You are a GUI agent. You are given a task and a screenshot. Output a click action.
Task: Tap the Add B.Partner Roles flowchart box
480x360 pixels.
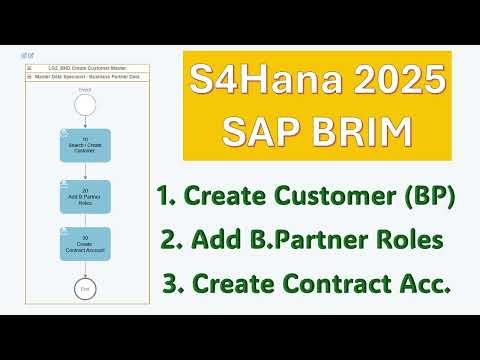click(x=85, y=196)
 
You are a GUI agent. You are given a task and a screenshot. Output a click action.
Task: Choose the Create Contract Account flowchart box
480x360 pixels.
click(x=85, y=243)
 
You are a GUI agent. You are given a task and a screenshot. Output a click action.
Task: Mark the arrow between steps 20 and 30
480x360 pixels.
click(x=84, y=219)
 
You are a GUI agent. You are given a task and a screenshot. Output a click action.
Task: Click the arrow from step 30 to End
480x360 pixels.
click(x=84, y=267)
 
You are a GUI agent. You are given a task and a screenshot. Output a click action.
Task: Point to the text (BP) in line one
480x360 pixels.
click(x=427, y=197)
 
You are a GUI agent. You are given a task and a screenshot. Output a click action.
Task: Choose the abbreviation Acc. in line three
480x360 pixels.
click(x=425, y=285)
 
